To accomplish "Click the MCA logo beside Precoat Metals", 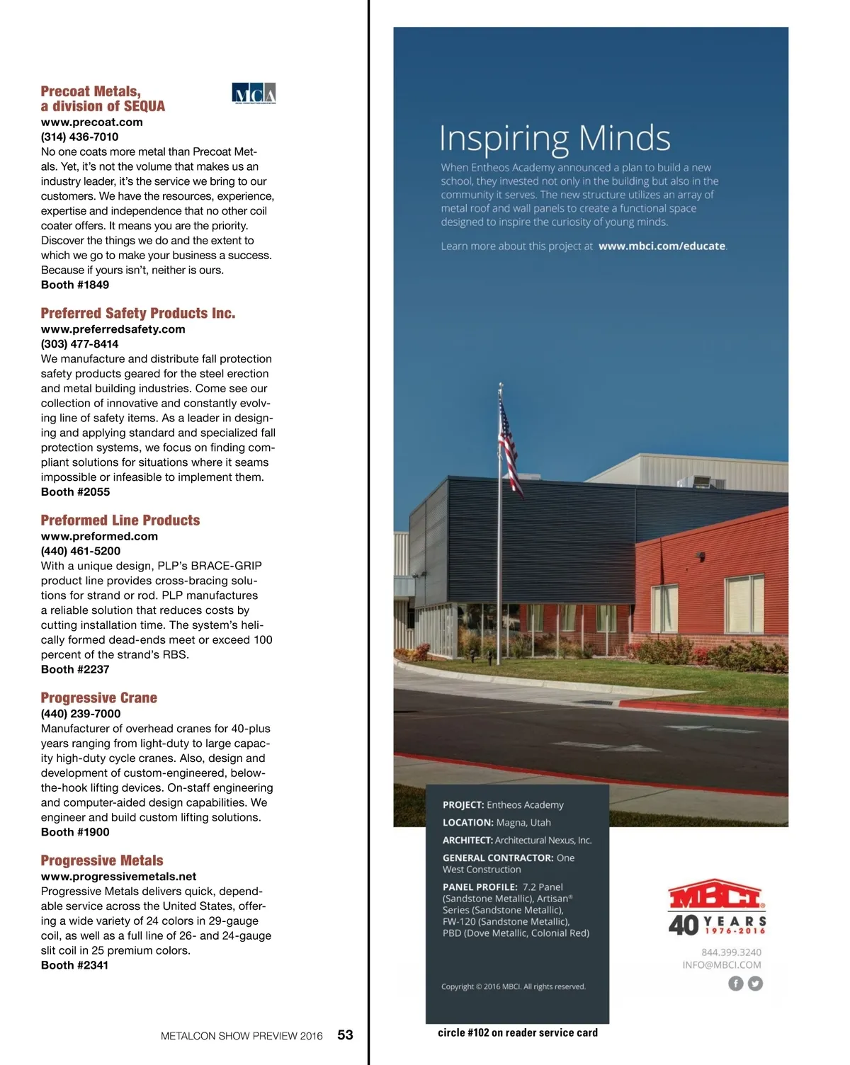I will (x=254, y=93).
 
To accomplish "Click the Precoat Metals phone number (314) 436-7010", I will (x=79, y=137).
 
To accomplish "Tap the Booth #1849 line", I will (x=75, y=285).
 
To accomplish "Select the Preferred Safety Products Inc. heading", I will (x=138, y=313).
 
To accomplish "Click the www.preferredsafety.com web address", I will (x=113, y=329).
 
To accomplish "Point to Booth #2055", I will (x=75, y=491).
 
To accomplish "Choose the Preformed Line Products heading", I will (x=120, y=520).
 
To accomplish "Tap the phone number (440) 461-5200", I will (x=81, y=551).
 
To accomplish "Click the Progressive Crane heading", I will (x=99, y=697).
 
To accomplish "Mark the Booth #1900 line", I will (x=75, y=832).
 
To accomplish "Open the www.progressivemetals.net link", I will (x=118, y=876).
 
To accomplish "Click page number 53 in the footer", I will (x=345, y=1035).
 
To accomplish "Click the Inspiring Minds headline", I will (x=555, y=139).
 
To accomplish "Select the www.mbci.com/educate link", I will (x=662, y=246).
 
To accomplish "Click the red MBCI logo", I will (x=716, y=897).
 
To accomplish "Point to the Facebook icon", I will (x=736, y=984).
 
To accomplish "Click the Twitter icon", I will (x=755, y=984).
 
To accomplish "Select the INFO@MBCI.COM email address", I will (x=722, y=964).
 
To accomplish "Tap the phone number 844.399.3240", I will (x=731, y=952).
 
